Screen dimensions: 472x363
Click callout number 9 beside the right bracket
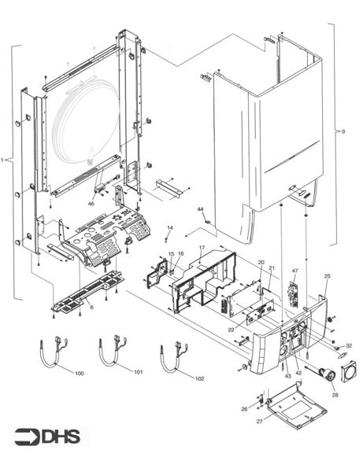[343, 131]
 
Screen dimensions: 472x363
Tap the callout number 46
[91, 204]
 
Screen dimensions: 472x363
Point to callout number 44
[200, 210]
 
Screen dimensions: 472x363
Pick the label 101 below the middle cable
[139, 371]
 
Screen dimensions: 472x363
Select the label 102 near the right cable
[199, 378]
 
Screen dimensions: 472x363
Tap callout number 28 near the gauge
[334, 394]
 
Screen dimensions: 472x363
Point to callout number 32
[349, 345]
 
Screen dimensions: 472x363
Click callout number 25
[327, 276]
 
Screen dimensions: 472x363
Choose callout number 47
[294, 271]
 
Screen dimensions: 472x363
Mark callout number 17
[202, 248]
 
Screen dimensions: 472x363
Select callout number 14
[169, 228]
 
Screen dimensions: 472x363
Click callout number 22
[231, 329]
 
